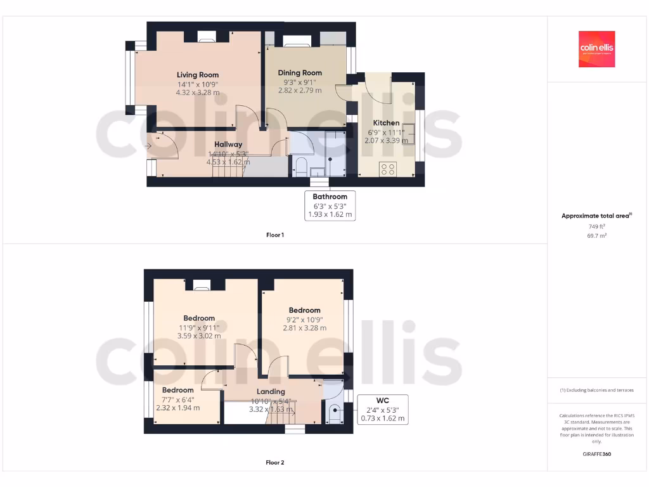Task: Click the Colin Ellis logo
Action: click(596, 49)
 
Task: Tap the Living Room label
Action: click(198, 75)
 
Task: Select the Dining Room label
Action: click(300, 73)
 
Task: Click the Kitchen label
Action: click(386, 123)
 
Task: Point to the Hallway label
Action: click(228, 145)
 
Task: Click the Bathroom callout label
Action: click(330, 197)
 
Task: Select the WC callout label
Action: click(382, 401)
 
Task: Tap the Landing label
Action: click(271, 391)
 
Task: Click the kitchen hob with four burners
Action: click(387, 169)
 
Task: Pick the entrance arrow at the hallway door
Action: click(148, 146)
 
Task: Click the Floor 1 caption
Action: click(275, 235)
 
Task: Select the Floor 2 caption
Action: click(275, 462)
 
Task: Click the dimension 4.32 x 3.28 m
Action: click(198, 93)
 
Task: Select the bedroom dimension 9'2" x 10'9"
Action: click(304, 320)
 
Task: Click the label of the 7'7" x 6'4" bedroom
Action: click(177, 390)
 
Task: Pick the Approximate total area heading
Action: click(596, 216)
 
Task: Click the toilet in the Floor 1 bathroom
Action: click(301, 168)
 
